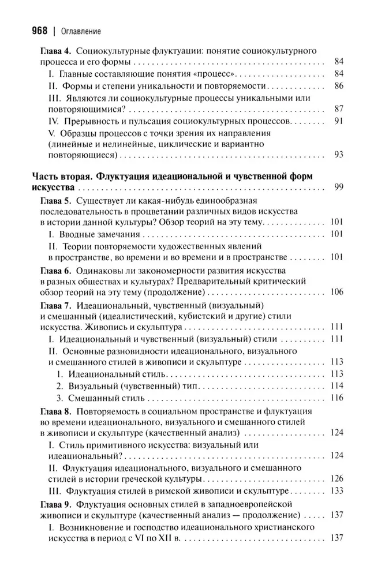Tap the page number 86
[339, 86]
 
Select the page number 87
[339, 109]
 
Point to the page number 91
[339, 121]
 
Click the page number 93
[339, 155]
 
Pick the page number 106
[337, 293]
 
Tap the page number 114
[337, 385]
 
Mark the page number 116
[337, 398]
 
